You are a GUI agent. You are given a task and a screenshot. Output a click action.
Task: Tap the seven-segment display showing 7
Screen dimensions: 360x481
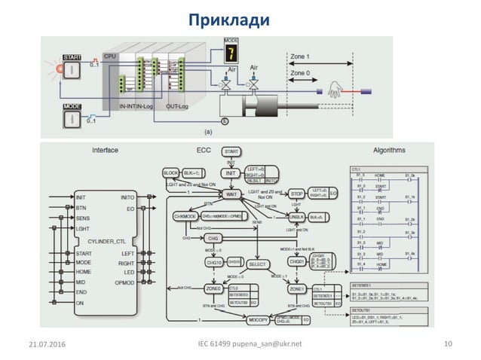click(230, 53)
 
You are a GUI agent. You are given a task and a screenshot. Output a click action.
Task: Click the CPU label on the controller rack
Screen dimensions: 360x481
click(110, 56)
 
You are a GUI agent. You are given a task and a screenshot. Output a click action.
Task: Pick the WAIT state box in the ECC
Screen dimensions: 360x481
click(232, 194)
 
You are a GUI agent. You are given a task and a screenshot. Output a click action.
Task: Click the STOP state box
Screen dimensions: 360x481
click(296, 194)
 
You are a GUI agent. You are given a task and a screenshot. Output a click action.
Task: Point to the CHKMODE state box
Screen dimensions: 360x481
click(184, 216)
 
